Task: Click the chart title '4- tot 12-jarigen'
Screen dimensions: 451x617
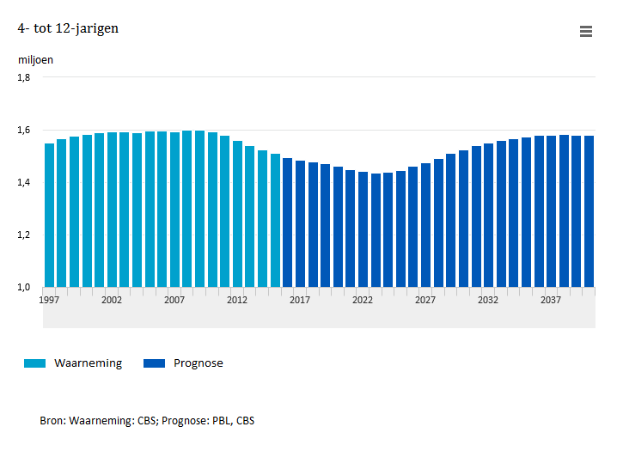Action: pos(68,28)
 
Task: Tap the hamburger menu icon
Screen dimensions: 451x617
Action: pos(586,32)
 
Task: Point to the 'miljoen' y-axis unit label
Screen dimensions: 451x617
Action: pos(35,60)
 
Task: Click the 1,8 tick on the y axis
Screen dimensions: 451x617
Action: pos(24,77)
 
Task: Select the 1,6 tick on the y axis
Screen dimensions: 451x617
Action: pos(24,130)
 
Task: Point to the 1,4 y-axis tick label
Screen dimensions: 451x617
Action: pos(24,182)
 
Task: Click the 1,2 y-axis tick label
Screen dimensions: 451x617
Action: pos(24,235)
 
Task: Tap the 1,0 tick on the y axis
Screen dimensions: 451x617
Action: pos(24,287)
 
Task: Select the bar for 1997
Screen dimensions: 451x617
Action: pos(49,215)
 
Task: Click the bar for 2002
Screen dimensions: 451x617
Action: pos(112,210)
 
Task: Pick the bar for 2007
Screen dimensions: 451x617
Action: pos(174,210)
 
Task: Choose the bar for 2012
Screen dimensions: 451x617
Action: pos(237,214)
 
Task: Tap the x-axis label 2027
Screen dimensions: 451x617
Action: pos(425,300)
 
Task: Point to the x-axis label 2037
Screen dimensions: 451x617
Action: pos(551,300)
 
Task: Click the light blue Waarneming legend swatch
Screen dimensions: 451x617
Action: pos(35,363)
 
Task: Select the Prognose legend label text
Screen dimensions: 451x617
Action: pos(198,363)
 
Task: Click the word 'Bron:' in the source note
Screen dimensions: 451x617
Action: pos(52,421)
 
